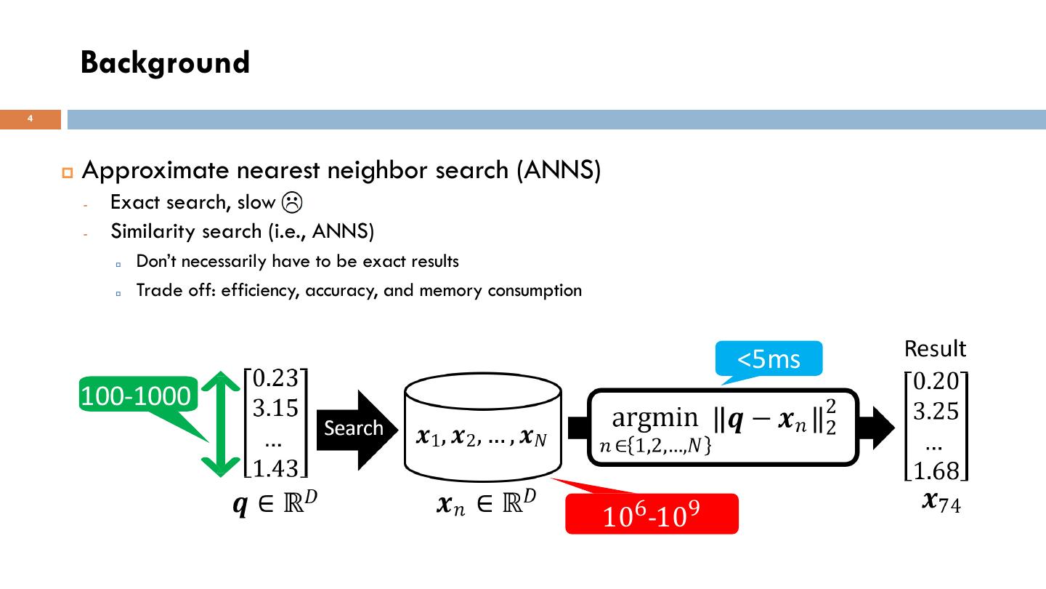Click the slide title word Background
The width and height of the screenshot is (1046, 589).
165,63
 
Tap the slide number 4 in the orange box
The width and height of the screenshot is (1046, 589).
31,119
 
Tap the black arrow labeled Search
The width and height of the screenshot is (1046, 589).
354,428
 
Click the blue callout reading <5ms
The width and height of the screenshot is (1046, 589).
769,358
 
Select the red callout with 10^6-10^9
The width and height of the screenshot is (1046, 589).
652,514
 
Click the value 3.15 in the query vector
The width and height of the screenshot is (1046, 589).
275,408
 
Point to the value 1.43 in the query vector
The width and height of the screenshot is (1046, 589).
275,469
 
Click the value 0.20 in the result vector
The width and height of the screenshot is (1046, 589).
936,381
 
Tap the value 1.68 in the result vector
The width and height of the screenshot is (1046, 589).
936,472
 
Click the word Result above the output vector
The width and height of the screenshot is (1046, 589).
935,349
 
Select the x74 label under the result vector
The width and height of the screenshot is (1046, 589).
941,501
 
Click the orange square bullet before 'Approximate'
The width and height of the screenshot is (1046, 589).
68,172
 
